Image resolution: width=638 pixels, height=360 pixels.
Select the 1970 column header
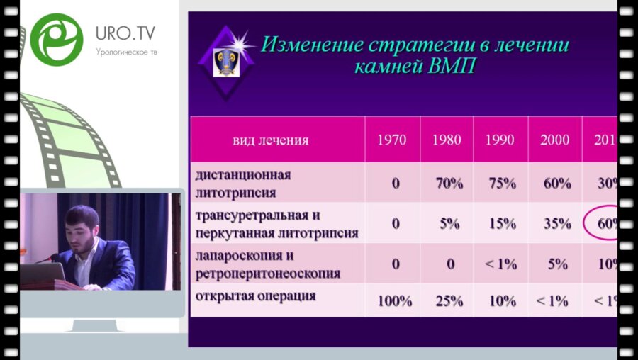(392, 140)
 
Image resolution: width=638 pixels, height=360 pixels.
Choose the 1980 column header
(447, 140)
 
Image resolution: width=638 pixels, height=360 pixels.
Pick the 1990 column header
(500, 140)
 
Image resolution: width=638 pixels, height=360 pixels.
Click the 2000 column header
(554, 140)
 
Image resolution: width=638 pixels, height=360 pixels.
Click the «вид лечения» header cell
(271, 140)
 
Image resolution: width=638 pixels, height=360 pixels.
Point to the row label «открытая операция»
(256, 296)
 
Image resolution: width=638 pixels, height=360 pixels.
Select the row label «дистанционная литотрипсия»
(243, 182)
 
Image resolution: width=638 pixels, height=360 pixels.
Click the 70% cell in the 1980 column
(449, 184)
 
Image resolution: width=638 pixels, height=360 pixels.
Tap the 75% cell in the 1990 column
(502, 184)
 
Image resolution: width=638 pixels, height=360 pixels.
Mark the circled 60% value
(605, 223)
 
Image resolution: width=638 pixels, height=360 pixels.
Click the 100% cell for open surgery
(394, 300)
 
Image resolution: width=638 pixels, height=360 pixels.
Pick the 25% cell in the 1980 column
(449, 300)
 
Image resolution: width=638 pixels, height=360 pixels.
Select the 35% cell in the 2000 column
(556, 224)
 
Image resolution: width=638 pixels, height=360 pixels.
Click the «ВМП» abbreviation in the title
(450, 68)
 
